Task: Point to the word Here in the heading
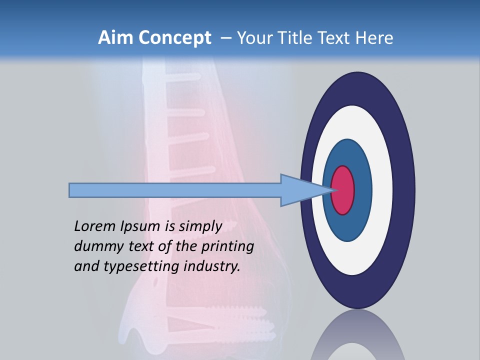click(374, 38)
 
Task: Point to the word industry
click(212, 266)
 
